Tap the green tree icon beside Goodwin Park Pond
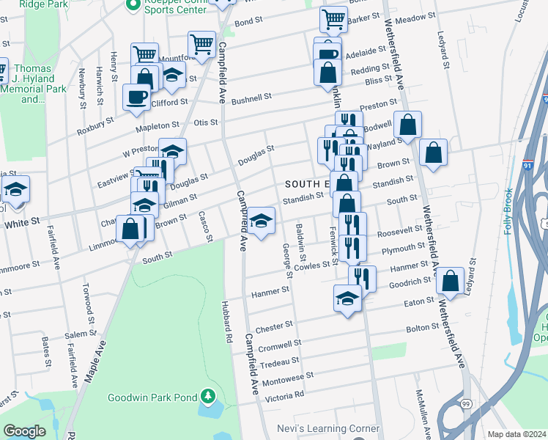pos(209,397)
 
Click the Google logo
pos(24,431)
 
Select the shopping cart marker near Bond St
pos(201,43)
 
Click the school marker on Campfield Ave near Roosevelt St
pos(261,219)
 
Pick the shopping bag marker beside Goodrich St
pos(450,279)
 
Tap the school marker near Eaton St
pos(348,297)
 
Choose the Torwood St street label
pos(87,303)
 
